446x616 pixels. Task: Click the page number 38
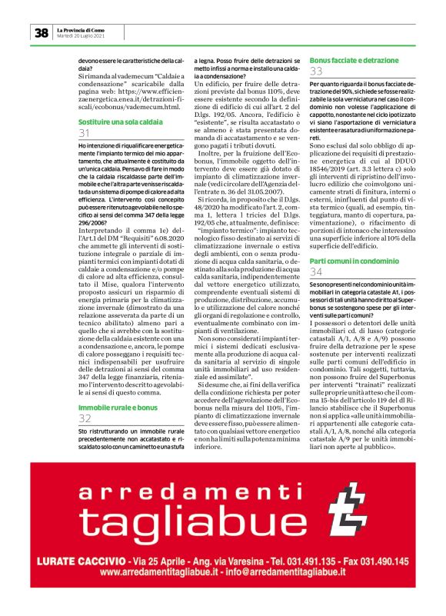point(41,32)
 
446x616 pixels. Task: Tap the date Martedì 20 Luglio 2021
point(81,37)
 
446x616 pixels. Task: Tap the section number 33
point(316,72)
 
